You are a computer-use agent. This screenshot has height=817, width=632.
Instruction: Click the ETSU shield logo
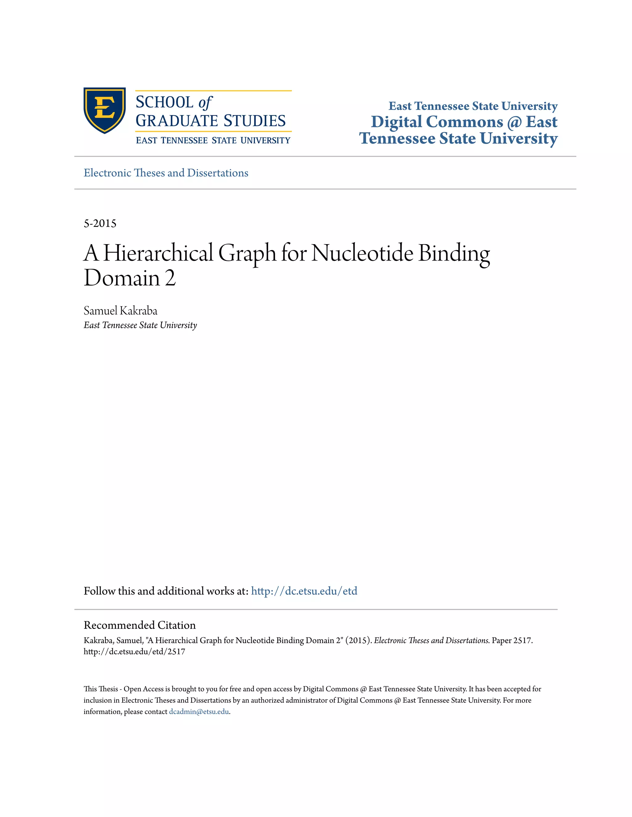click(105, 110)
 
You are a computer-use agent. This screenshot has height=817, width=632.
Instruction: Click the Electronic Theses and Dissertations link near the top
click(166, 173)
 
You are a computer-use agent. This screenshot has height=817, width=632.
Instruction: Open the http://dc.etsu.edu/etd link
click(304, 591)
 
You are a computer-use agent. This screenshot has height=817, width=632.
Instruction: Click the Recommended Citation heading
click(140, 625)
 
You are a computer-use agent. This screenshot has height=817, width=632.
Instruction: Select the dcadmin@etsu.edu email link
click(199, 712)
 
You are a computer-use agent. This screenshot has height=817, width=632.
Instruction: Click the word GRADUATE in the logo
click(177, 121)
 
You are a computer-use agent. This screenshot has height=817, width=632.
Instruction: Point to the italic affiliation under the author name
click(140, 325)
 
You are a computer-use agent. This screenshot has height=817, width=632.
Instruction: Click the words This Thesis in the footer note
click(100, 689)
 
